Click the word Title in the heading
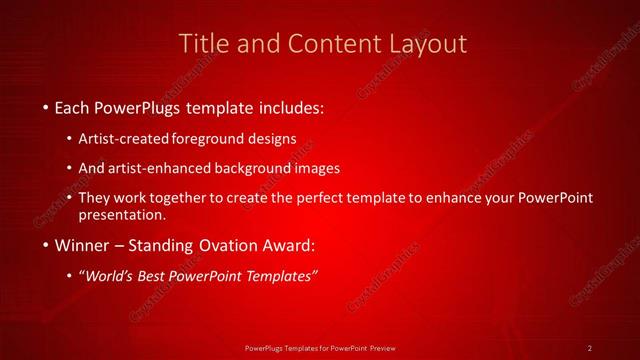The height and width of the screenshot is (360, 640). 201,43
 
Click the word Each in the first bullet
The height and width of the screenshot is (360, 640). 73,107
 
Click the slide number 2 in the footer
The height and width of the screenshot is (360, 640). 590,347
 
